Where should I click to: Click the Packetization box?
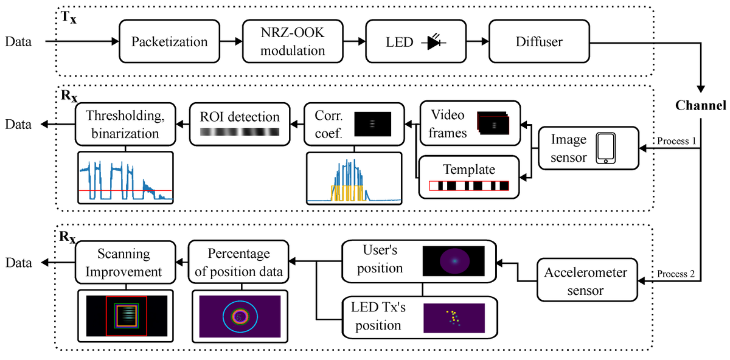[x=170, y=43]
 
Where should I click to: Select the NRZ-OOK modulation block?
[x=293, y=43]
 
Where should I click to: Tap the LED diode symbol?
[x=434, y=43]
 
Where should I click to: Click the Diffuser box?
[x=538, y=43]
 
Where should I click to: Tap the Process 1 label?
[x=676, y=141]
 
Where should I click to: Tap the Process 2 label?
[x=676, y=273]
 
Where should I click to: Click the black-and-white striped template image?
[x=469, y=185]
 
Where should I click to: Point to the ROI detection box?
[x=239, y=123]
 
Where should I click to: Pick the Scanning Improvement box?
[x=125, y=263]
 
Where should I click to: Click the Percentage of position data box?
[x=238, y=263]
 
